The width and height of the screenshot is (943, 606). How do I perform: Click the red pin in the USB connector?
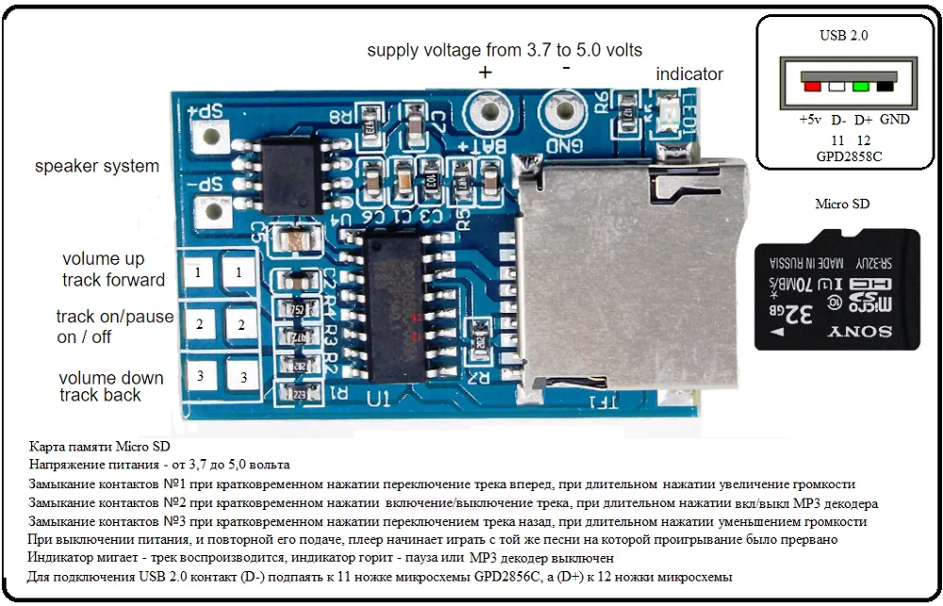coord(811,87)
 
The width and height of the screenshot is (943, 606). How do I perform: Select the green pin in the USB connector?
coord(860,87)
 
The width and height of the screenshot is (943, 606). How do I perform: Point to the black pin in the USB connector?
coord(885,87)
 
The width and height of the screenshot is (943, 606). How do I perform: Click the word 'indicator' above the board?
coord(689,74)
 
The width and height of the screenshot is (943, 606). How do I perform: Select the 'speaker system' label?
coord(96,167)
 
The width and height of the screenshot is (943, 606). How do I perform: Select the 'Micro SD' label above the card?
coord(842,204)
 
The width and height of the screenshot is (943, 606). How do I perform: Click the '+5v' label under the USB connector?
coord(810,120)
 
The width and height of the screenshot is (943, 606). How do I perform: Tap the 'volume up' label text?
coord(104,258)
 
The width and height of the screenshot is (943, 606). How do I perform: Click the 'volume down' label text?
coord(111,378)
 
